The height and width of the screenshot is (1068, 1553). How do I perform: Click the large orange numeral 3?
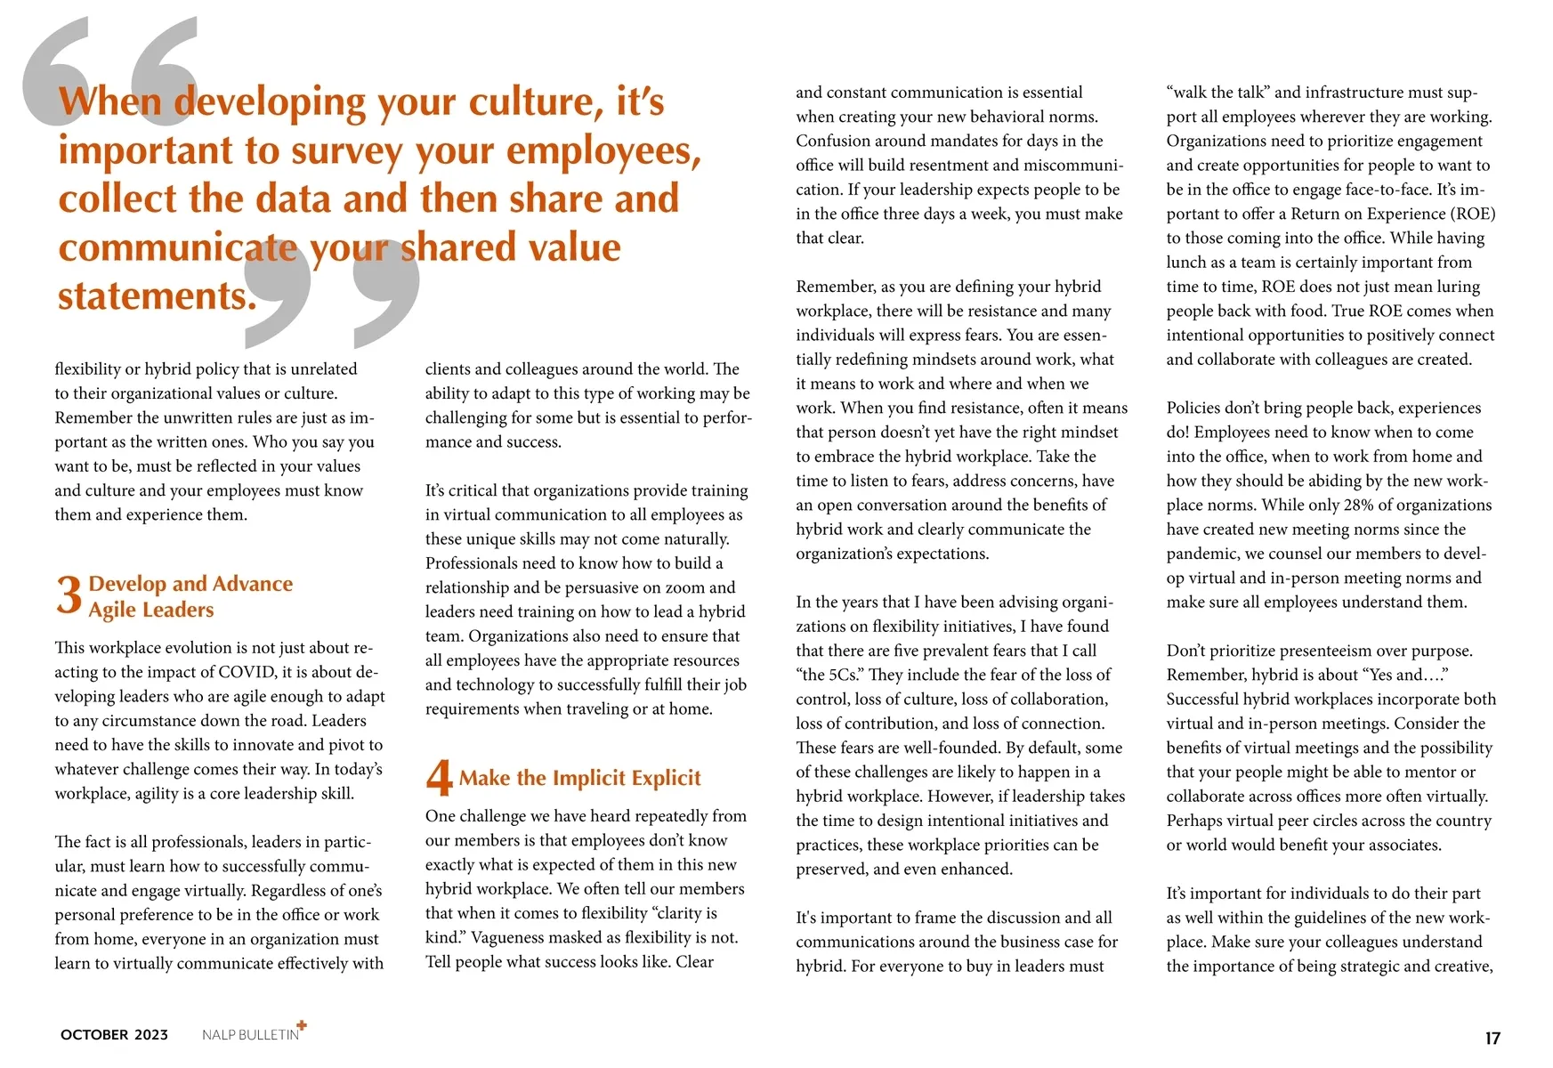(x=69, y=595)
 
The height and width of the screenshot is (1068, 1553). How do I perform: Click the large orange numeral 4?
(x=439, y=777)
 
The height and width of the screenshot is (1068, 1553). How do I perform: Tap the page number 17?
(x=1492, y=1038)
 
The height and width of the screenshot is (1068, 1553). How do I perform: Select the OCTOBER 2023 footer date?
(x=114, y=1034)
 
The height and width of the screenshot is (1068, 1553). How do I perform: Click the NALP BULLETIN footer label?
(x=250, y=1035)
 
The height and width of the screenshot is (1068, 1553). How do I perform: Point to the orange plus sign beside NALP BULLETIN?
(x=302, y=1025)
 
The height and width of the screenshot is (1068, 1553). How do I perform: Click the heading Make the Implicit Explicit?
(x=579, y=778)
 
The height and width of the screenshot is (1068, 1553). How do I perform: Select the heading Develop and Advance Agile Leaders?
(x=190, y=596)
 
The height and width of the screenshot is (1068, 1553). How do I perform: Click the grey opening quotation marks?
(x=107, y=71)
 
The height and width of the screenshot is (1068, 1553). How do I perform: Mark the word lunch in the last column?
(x=1188, y=263)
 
